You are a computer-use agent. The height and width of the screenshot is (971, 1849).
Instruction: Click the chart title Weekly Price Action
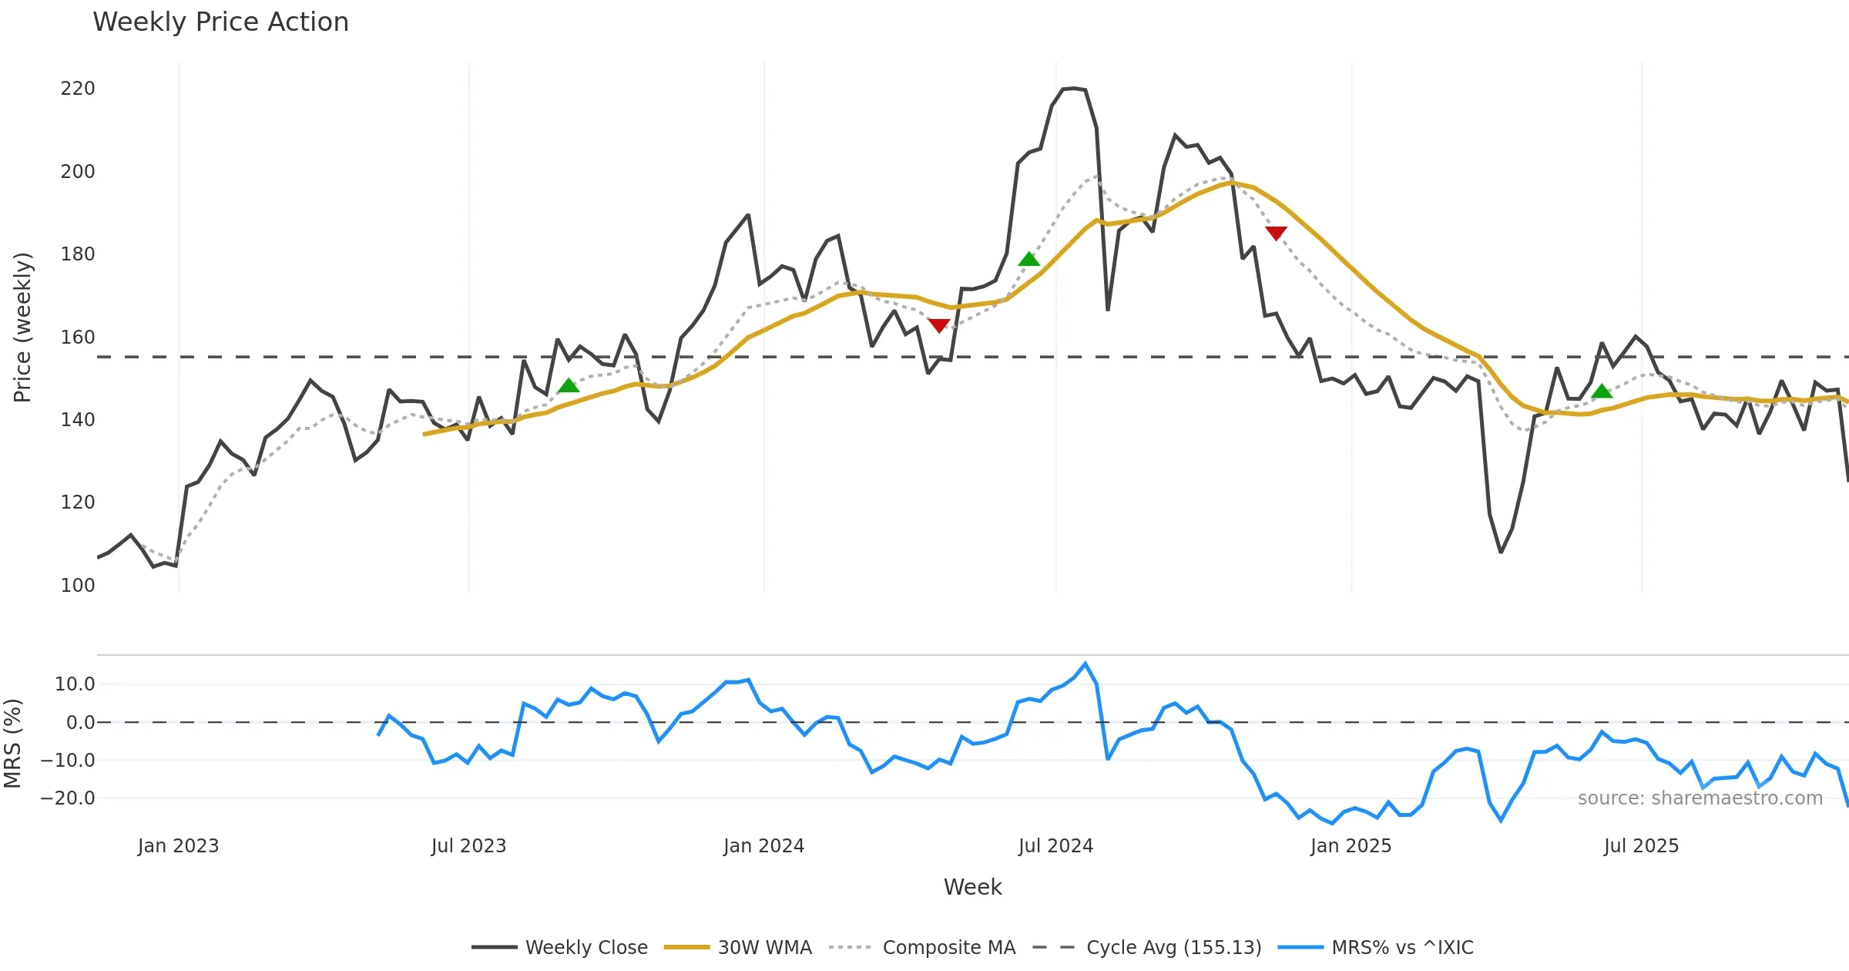pyautogui.click(x=220, y=22)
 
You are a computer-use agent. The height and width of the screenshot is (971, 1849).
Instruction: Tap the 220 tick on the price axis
pyautogui.click(x=78, y=89)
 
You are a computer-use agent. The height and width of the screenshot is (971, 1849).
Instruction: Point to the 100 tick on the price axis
pyautogui.click(x=78, y=585)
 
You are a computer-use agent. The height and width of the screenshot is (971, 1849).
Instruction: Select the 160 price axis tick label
pyautogui.click(x=78, y=337)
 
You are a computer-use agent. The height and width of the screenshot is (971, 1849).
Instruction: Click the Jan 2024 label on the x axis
pyautogui.click(x=763, y=845)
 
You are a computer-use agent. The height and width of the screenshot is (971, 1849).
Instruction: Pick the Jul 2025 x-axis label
pyautogui.click(x=1641, y=845)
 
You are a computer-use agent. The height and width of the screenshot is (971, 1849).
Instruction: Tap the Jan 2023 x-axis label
pyautogui.click(x=178, y=845)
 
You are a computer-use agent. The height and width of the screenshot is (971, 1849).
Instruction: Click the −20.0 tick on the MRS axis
pyautogui.click(x=68, y=798)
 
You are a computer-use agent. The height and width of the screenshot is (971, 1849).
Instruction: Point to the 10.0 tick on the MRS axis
pyautogui.click(x=75, y=684)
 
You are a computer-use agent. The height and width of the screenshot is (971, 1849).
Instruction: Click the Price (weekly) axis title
pyautogui.click(x=22, y=328)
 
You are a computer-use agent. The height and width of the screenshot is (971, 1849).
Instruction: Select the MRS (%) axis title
pyautogui.click(x=12, y=743)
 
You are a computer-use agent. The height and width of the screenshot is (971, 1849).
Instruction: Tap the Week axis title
pyautogui.click(x=972, y=887)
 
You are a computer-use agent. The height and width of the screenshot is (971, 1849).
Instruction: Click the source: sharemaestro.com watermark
pyautogui.click(x=1700, y=798)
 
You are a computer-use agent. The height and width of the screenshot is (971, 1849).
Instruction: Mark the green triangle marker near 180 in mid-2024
pyautogui.click(x=1029, y=259)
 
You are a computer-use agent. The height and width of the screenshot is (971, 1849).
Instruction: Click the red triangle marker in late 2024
pyautogui.click(x=1276, y=233)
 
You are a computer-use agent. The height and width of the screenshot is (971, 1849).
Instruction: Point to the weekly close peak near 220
pyautogui.click(x=1073, y=89)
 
